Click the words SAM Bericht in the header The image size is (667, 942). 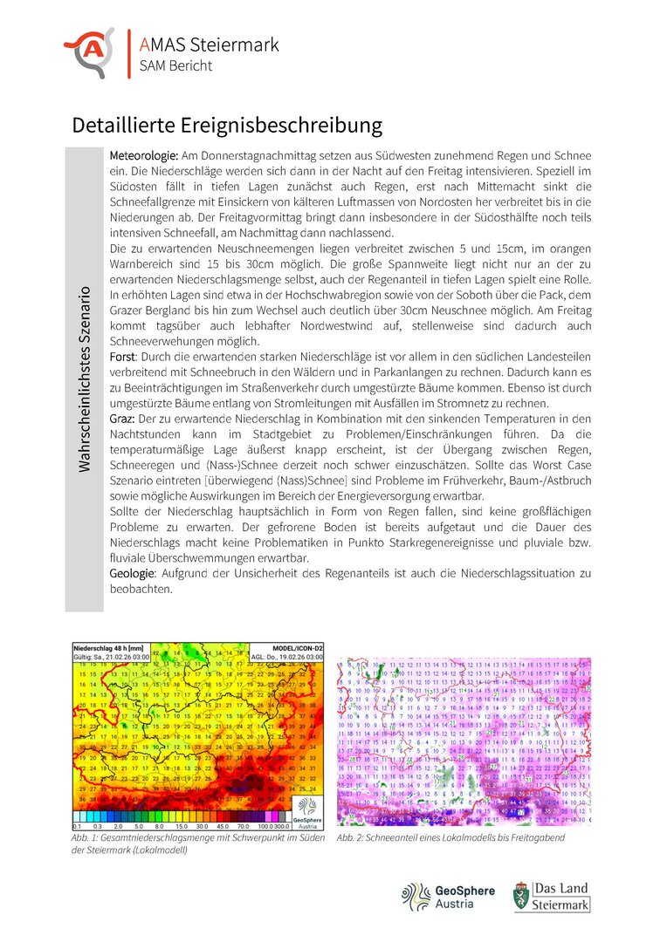coord(175,65)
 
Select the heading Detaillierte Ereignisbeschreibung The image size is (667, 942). coord(227,125)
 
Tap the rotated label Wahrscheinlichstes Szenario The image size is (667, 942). coord(85,379)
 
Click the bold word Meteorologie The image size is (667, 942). coord(144,154)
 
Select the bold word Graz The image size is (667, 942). coord(123,420)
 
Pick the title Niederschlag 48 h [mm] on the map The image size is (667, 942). coord(107,649)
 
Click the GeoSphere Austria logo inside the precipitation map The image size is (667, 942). coord(306,806)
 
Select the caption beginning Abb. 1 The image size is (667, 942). coord(199,843)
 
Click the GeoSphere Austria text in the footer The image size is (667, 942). coord(464,898)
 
